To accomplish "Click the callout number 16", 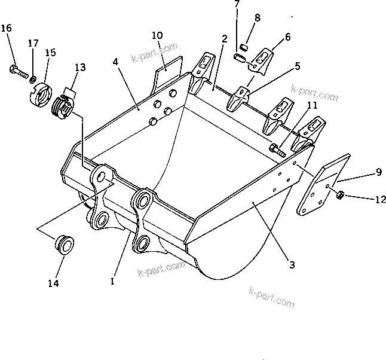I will click(6, 28).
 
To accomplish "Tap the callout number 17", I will click(33, 43).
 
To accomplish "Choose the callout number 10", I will click(156, 36).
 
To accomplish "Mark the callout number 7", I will click(236, 4).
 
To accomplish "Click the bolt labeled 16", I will click(17, 72).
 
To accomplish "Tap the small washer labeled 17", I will click(33, 78).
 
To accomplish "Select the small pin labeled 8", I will click(244, 47).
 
